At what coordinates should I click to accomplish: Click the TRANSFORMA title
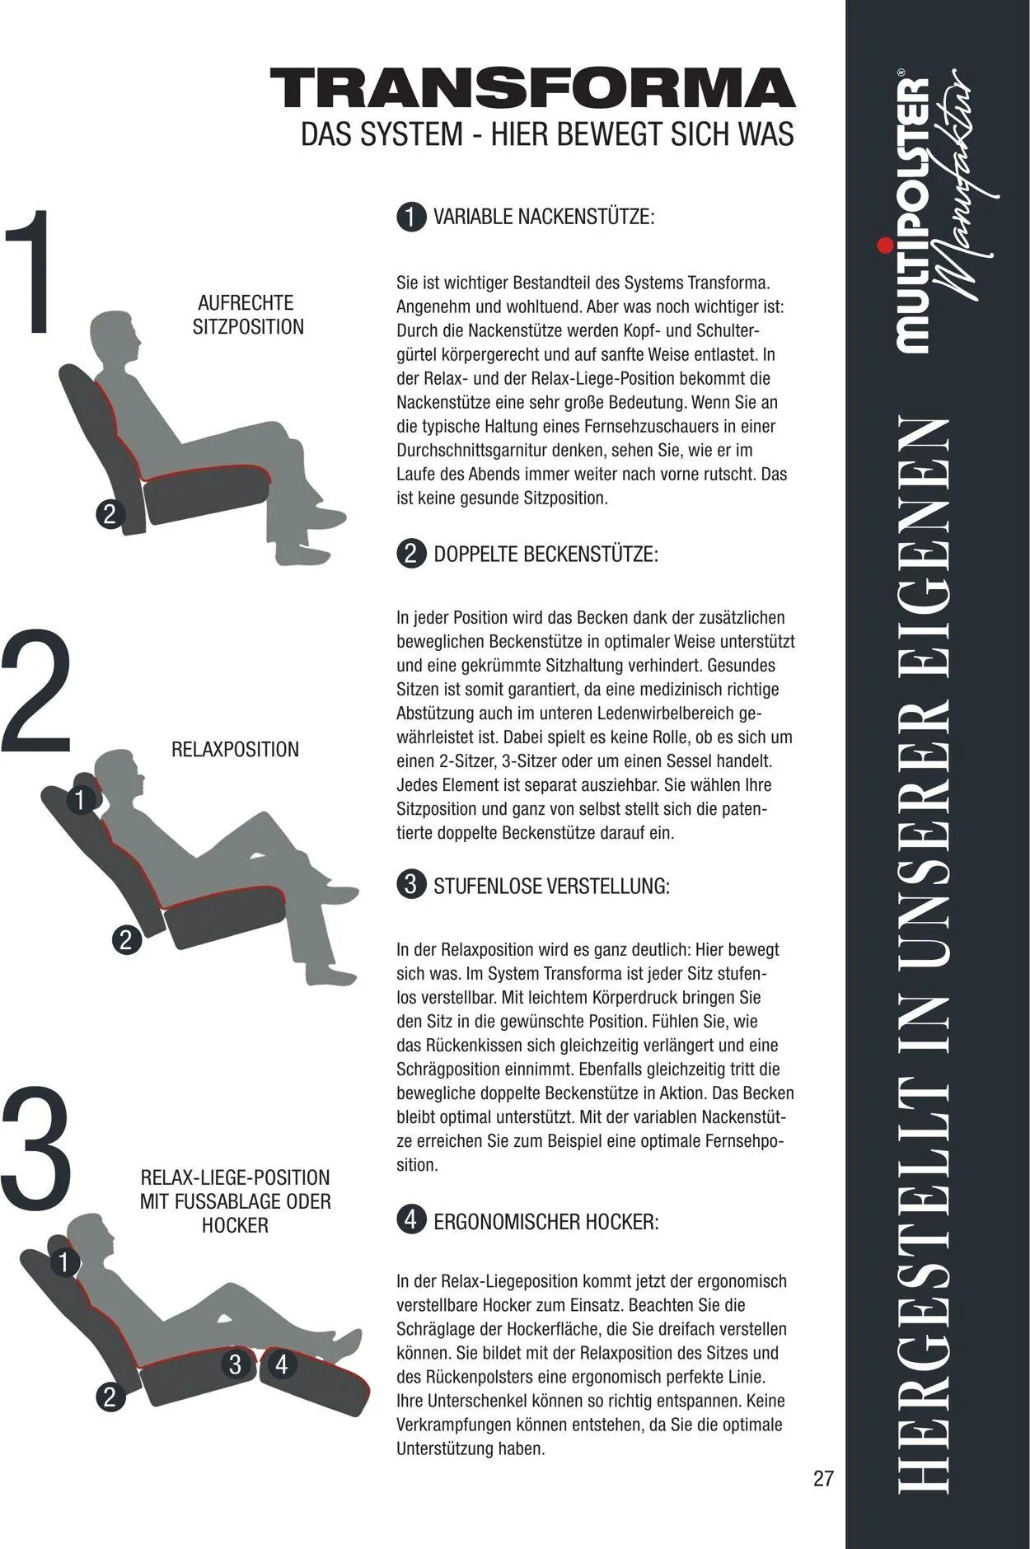point(532,89)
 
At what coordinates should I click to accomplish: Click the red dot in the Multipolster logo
point(885,245)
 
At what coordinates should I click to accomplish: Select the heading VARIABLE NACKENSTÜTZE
point(544,218)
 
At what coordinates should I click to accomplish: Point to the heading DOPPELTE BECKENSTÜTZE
point(546,554)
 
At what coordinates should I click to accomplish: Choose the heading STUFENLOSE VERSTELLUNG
point(551,887)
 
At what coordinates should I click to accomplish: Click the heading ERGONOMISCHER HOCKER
point(546,1221)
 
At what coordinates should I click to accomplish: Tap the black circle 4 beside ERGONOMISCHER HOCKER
point(411,1219)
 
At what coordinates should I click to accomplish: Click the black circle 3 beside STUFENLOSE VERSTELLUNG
point(411,885)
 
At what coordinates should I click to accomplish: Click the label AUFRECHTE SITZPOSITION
point(248,315)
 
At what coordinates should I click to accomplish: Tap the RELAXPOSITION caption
point(235,750)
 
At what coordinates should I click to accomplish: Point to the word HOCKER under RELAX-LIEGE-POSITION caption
point(235,1225)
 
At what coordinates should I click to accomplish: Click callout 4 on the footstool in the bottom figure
point(282,1364)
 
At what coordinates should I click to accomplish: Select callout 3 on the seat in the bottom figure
point(236,1364)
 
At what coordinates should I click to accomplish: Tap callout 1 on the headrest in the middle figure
point(80,800)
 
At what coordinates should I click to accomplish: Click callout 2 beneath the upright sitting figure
point(110,514)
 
